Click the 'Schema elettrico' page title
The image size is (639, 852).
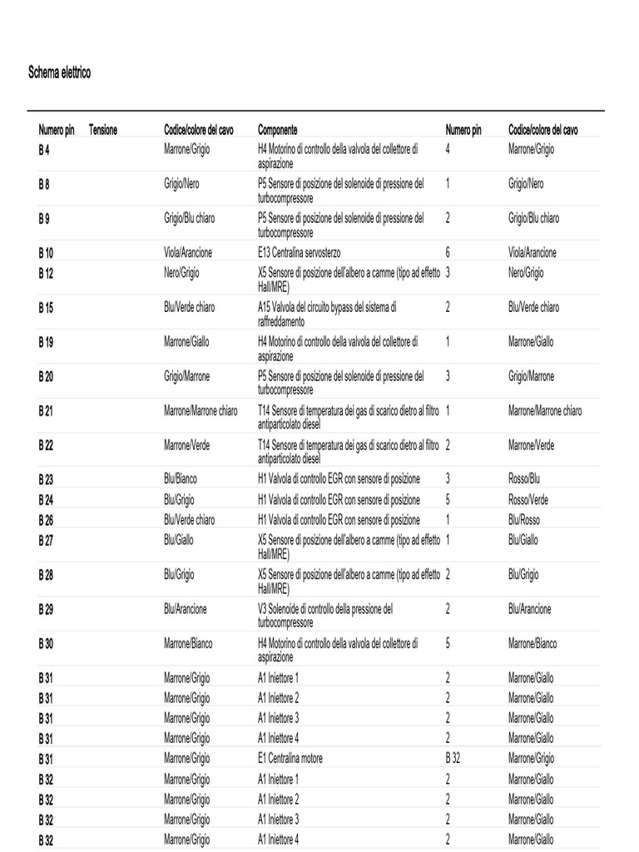(x=60, y=73)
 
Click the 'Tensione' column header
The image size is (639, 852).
(x=103, y=131)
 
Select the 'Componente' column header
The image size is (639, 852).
(x=277, y=131)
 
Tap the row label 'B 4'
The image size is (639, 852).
(x=44, y=150)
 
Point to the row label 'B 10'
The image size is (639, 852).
(x=46, y=253)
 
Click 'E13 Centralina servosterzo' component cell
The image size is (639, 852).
(x=299, y=253)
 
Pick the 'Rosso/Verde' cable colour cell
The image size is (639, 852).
(x=528, y=500)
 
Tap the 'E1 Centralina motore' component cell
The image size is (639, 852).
(x=290, y=759)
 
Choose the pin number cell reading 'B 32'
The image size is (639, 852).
(x=453, y=759)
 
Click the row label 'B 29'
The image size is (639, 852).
(x=46, y=610)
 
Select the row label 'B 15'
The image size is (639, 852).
(x=46, y=308)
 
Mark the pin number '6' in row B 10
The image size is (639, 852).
(x=448, y=253)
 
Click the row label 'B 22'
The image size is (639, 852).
(x=46, y=446)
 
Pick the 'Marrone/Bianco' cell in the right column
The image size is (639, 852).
(x=532, y=644)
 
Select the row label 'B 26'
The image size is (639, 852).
(x=46, y=520)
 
